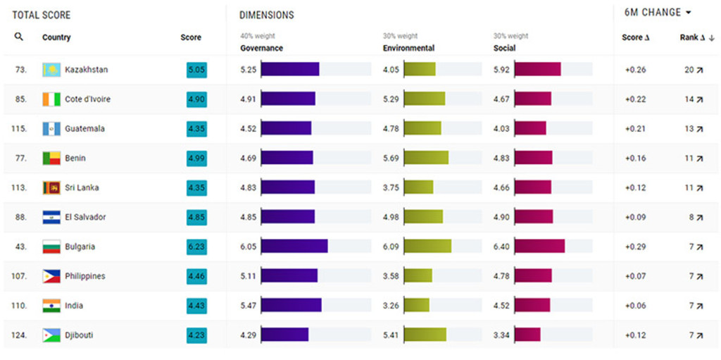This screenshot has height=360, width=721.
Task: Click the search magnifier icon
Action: coord(19,37)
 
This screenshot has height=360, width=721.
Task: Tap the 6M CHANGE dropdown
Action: coord(658,13)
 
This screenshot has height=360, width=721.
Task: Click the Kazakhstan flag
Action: coord(51,70)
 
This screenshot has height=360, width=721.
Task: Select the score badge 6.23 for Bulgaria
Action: coord(196,247)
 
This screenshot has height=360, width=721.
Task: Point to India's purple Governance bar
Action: coord(291,305)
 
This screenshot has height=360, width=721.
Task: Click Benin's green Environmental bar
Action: coord(426,158)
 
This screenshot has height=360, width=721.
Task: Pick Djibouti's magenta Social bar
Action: coord(527,335)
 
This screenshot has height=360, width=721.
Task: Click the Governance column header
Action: coord(261,48)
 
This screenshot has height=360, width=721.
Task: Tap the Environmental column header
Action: coord(408,48)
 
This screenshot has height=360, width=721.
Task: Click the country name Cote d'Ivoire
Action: coord(87,99)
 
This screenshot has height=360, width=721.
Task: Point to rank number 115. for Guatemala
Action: coord(19,129)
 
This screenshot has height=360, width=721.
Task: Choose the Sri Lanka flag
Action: coord(51,187)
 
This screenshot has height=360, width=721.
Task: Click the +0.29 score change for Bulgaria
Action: coord(635,247)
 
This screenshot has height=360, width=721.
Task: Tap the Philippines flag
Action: coord(51,276)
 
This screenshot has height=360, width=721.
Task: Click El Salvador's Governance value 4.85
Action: coord(249,217)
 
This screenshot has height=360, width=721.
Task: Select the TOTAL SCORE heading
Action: coord(42,15)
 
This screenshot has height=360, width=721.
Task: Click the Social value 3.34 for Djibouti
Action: coord(501,335)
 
